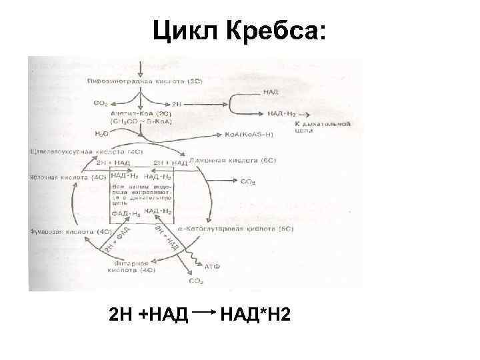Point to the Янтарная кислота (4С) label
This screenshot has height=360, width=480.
(132, 267)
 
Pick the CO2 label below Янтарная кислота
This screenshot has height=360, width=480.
(195, 281)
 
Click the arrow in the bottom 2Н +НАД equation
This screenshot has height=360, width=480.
(205, 311)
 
